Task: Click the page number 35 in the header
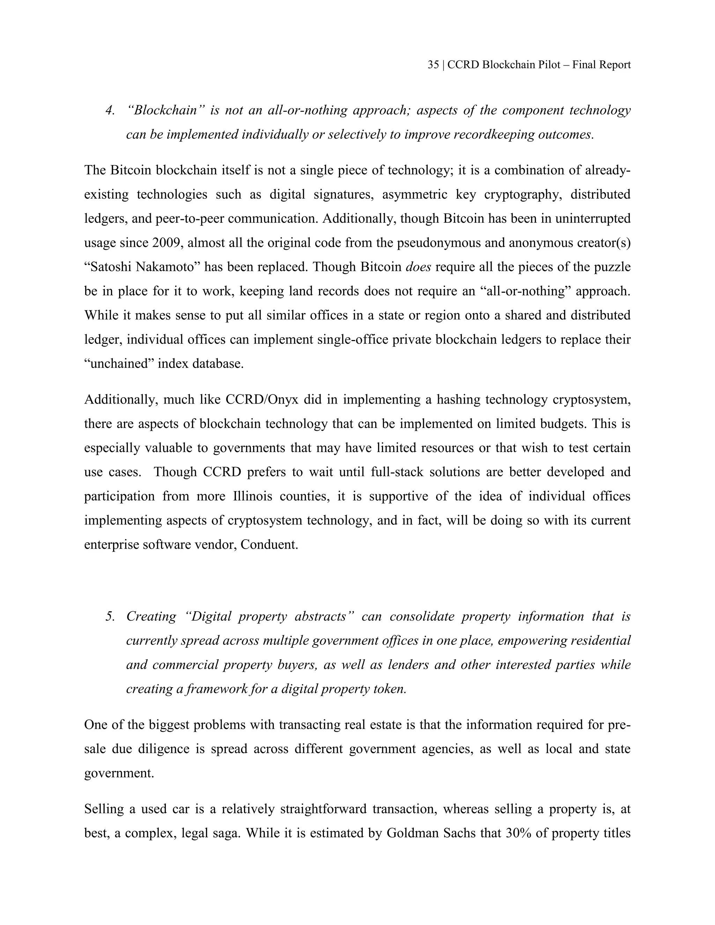tap(433, 65)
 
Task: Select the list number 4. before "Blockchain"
tap(110, 111)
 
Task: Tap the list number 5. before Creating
tap(110, 616)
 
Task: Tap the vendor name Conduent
tap(270, 544)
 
